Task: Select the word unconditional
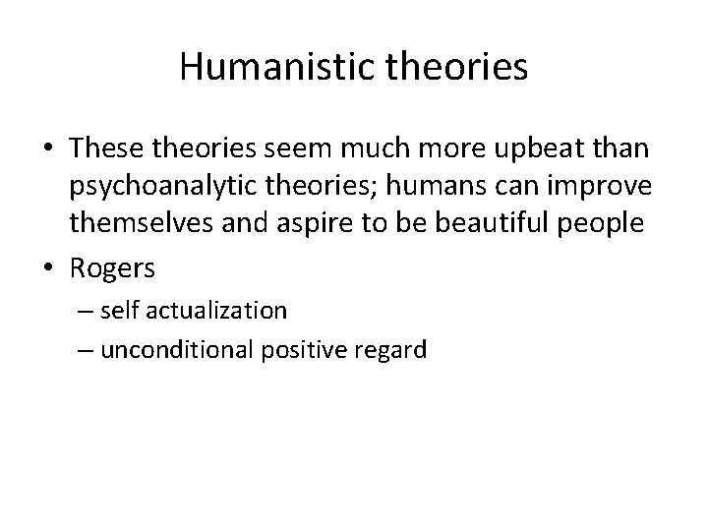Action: tap(167, 349)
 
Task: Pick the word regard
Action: tap(390, 349)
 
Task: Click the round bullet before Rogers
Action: tap(53, 266)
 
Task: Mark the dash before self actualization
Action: tap(80, 312)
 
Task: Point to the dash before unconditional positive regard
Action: tap(80, 350)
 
